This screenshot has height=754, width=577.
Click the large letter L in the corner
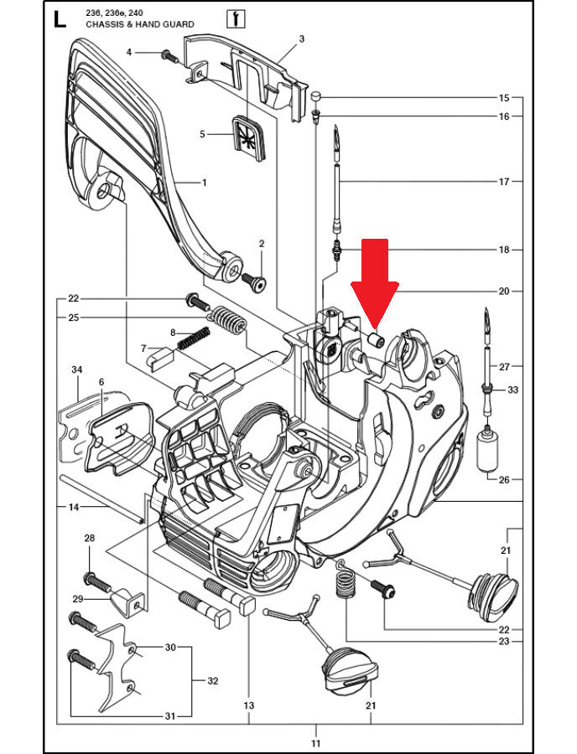click(x=60, y=20)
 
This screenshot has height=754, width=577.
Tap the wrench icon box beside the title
click(x=236, y=18)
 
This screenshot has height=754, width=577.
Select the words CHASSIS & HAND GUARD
click(x=140, y=24)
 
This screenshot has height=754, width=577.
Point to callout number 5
click(x=203, y=134)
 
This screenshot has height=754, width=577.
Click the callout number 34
click(x=76, y=369)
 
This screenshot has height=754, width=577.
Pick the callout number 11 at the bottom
click(x=315, y=743)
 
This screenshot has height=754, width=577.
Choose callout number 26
click(x=504, y=479)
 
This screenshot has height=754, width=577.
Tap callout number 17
click(x=504, y=182)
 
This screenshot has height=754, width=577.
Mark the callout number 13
click(x=249, y=705)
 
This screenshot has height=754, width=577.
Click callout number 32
click(x=213, y=681)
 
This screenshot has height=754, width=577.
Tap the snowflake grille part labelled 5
click(x=249, y=137)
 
